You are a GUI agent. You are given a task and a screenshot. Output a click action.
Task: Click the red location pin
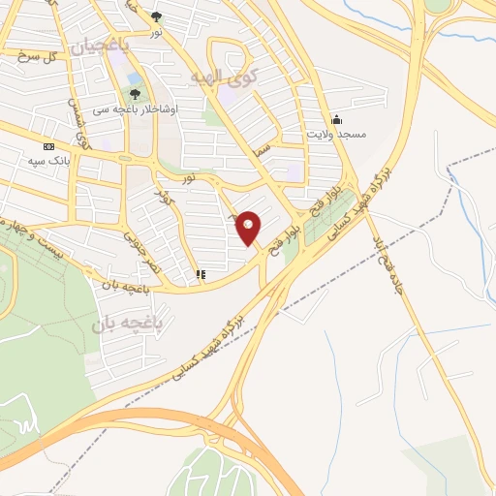[249, 229]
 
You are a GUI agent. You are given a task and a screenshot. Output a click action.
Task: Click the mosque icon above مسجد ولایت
[336, 119]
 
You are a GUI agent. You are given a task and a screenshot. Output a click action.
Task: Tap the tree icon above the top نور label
[157, 16]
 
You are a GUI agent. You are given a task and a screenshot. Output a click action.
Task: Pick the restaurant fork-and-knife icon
[200, 275]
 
